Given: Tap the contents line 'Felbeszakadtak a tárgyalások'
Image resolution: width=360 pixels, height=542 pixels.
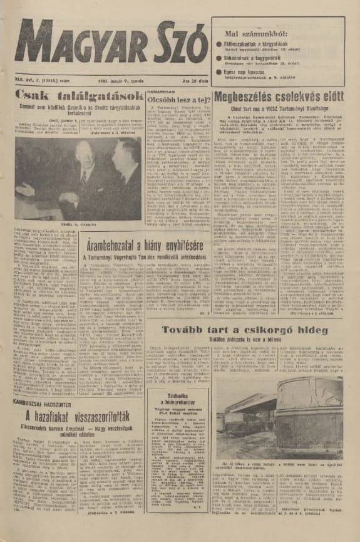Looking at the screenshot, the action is (x=257, y=43).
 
